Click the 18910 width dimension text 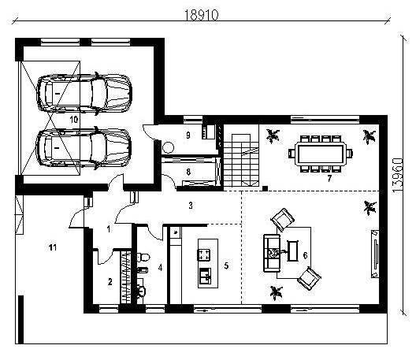pyautogui.click(x=201, y=15)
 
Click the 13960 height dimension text pyautogui.click(x=397, y=176)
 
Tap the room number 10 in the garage pyautogui.click(x=74, y=120)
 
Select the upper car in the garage pyautogui.click(x=84, y=94)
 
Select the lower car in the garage pyautogui.click(x=84, y=148)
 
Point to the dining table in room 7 pyautogui.click(x=321, y=154)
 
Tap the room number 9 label pyautogui.click(x=188, y=135)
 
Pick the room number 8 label pyautogui.click(x=188, y=172)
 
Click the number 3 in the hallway pyautogui.click(x=191, y=206)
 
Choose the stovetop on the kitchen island pyautogui.click(x=203, y=254)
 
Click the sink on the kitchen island pyautogui.click(x=205, y=276)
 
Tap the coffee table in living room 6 pyautogui.click(x=292, y=251)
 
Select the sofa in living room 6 pyautogui.click(x=272, y=253)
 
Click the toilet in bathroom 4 pyautogui.click(x=143, y=257)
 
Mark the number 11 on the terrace pyautogui.click(x=53, y=247)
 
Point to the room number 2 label pyautogui.click(x=110, y=282)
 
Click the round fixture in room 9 pyautogui.click(x=168, y=147)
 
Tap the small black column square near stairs pyautogui.click(x=265, y=188)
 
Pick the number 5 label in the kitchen pyautogui.click(x=226, y=265)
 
